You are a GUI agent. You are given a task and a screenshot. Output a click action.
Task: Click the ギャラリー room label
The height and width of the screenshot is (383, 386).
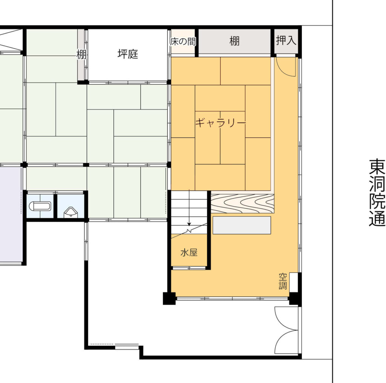click(221, 122)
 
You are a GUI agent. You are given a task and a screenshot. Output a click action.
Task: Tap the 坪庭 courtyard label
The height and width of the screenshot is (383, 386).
click(127, 54)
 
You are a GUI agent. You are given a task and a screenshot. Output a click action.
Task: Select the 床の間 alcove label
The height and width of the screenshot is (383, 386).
click(183, 41)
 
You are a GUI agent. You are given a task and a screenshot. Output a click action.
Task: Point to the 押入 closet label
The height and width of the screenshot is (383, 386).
click(286, 40)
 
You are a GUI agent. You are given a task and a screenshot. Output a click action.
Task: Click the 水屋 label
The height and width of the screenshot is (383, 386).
click(189, 252)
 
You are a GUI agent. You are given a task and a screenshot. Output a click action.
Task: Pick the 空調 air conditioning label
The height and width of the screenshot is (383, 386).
click(283, 281)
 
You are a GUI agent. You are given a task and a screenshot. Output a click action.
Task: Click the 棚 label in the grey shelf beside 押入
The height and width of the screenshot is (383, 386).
click(234, 41)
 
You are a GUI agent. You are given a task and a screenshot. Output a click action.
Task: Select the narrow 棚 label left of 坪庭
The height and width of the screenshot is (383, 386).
click(81, 54)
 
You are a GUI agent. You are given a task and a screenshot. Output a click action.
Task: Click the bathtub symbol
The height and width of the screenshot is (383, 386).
click(40, 207)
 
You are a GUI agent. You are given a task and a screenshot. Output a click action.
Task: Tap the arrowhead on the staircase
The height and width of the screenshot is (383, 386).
click(189, 224)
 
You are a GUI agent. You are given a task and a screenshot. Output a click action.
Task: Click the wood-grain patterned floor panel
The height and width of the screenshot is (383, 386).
click(242, 204)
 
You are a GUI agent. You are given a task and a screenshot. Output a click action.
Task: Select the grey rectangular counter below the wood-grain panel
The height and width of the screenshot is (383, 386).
click(242, 225)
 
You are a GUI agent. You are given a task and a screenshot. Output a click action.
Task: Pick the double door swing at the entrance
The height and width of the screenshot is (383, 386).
click(287, 330)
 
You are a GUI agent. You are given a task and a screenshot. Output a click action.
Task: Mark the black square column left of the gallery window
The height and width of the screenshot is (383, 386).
click(169, 298)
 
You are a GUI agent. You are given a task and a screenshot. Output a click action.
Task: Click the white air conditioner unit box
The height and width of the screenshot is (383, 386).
click(293, 282)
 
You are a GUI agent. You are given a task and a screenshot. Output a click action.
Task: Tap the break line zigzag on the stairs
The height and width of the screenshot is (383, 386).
click(189, 231)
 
